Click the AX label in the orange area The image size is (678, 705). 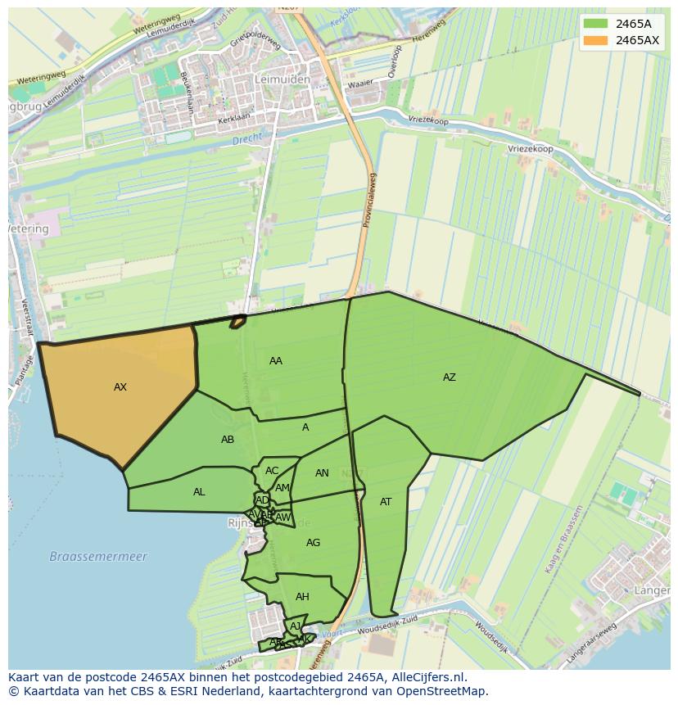point(120,387)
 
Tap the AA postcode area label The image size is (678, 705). point(276,361)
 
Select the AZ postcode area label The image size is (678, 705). point(449,377)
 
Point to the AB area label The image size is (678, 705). point(228,440)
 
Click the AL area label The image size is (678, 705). point(199,492)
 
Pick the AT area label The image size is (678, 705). point(386,502)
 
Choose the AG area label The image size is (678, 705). point(313,543)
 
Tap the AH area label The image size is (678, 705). point(302,597)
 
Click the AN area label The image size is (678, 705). point(322,473)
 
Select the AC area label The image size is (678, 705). point(272,471)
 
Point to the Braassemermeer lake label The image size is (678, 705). point(98,557)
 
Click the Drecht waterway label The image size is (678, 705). point(246,141)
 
